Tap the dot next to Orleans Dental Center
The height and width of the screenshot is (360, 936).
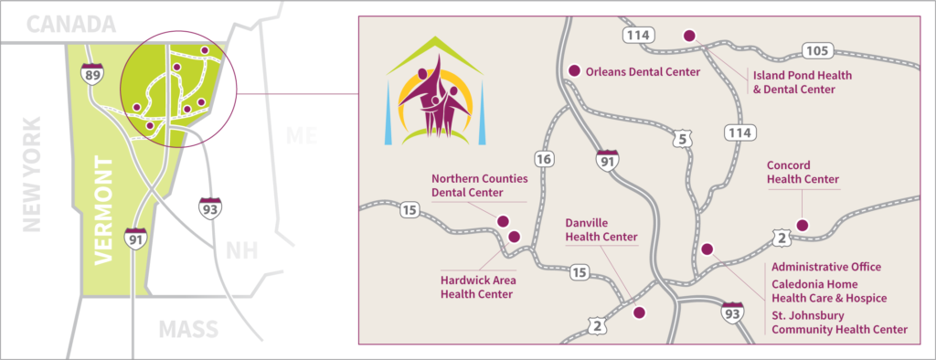click(x=574, y=71)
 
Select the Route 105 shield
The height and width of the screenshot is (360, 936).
click(x=814, y=48)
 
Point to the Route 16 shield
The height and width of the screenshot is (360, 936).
click(x=544, y=160)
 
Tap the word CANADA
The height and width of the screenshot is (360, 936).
click(x=70, y=25)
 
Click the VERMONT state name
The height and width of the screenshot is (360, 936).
click(x=104, y=211)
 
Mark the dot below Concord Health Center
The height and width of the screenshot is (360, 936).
click(x=803, y=225)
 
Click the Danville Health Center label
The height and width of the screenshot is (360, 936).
click(x=600, y=229)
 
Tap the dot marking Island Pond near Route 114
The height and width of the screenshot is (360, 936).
click(x=689, y=36)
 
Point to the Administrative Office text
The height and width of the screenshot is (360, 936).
click(x=826, y=267)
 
